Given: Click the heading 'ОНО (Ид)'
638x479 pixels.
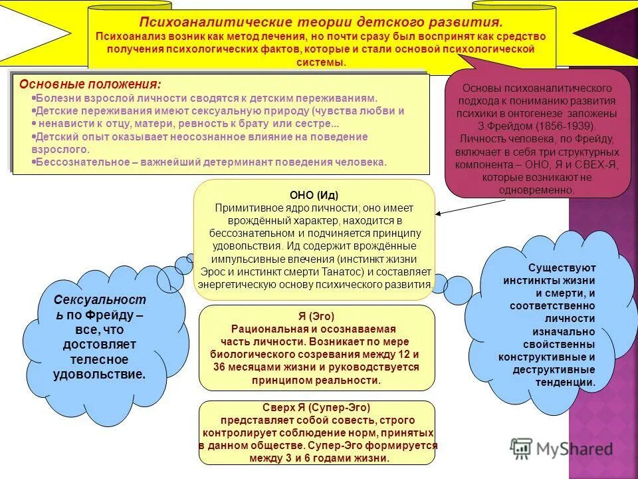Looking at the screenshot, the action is coord(314,195).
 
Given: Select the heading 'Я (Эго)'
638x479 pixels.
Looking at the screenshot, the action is coord(316,316).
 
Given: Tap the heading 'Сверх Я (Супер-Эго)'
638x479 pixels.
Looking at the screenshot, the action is coord(316,408).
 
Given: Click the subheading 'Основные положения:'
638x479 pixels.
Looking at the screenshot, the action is coord(90,84).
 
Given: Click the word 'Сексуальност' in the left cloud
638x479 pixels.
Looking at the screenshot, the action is coord(99,300).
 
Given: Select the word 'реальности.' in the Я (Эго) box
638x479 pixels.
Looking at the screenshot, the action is coord(354,380).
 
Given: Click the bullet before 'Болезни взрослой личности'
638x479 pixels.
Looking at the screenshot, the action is coord(34,98).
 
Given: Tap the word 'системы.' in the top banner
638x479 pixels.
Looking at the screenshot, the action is coord(325,62).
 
